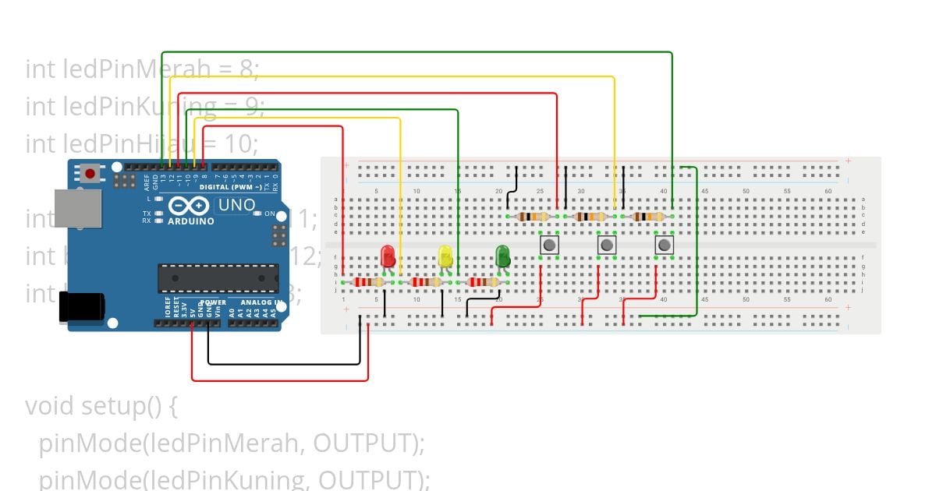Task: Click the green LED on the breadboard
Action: (502, 255)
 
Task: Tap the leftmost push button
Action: (549, 245)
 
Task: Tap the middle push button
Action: (607, 245)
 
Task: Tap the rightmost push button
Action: (664, 245)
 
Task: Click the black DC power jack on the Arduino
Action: (81, 306)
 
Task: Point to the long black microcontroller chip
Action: (218, 278)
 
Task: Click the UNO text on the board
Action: (236, 205)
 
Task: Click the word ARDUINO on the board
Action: (190, 221)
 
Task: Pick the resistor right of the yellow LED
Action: (482, 282)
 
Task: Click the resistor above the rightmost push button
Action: (648, 217)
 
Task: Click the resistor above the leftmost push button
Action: (534, 217)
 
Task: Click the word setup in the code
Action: (110, 406)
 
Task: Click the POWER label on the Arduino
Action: (212, 302)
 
